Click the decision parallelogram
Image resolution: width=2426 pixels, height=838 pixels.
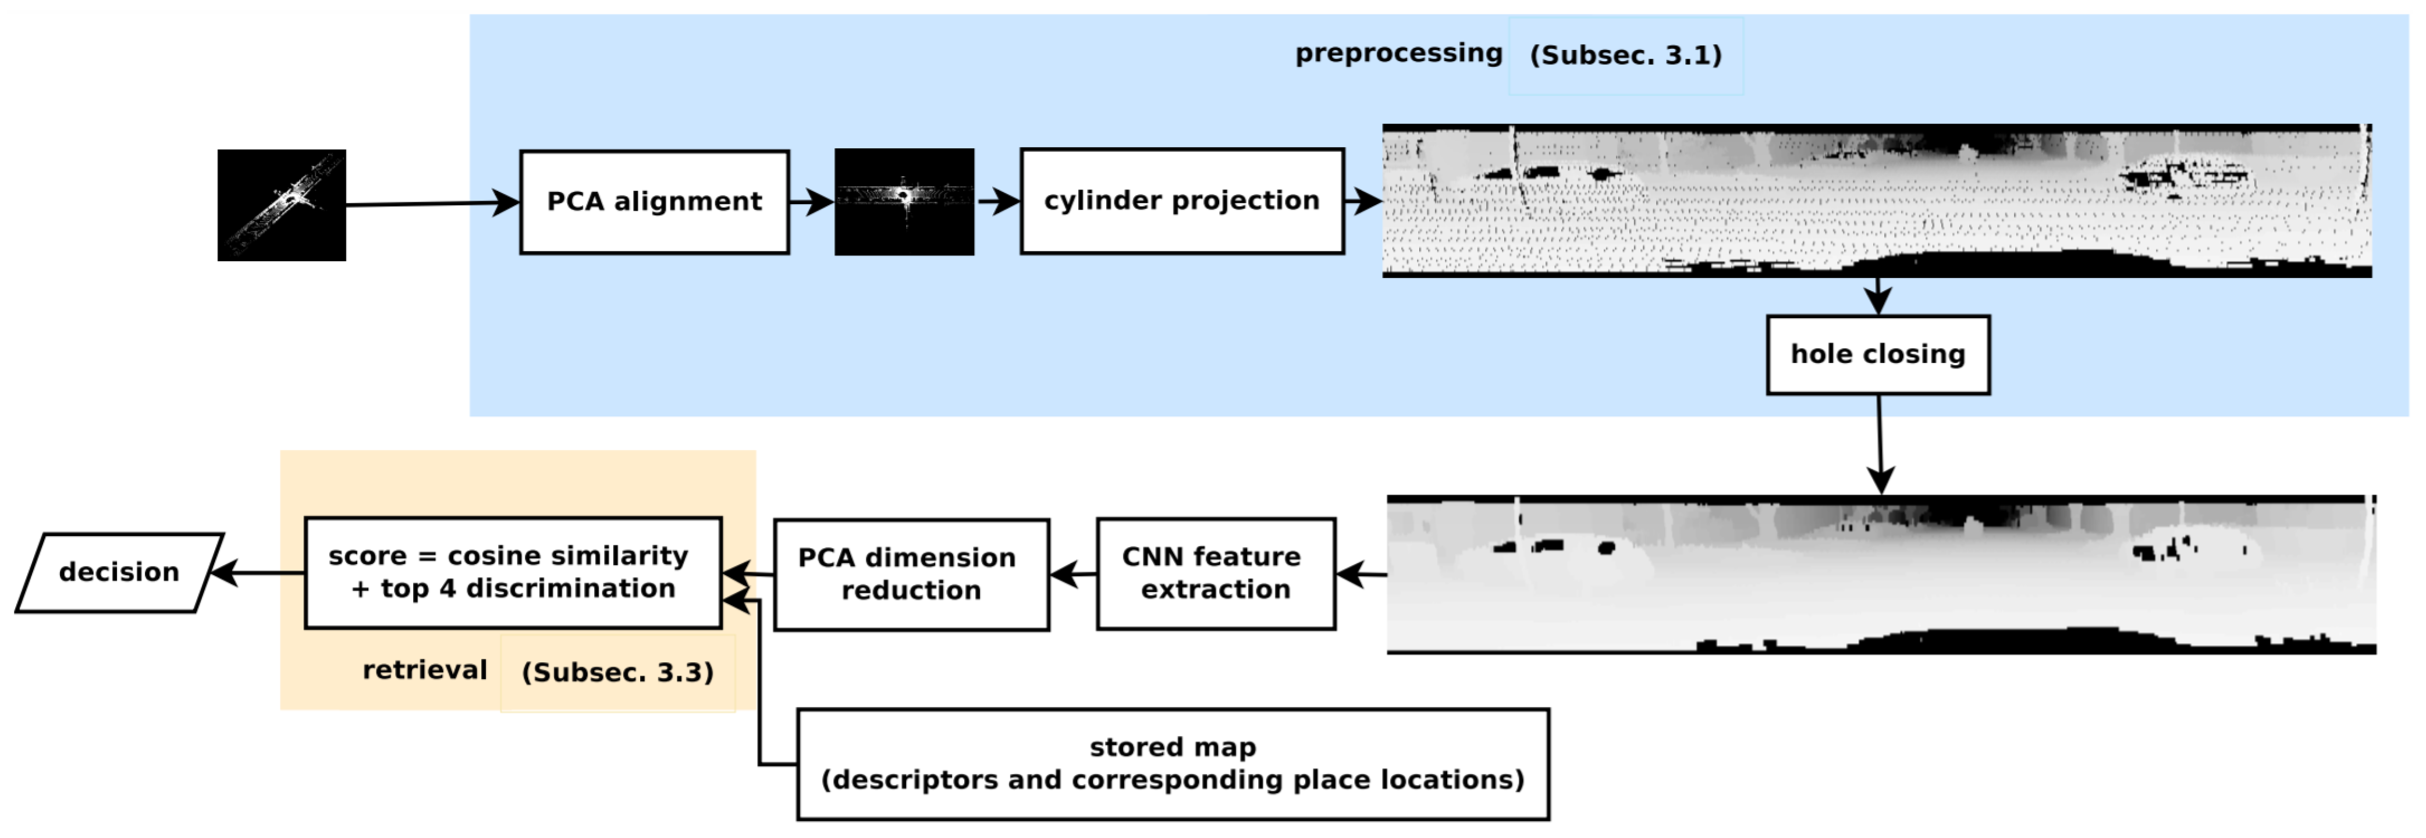point(120,572)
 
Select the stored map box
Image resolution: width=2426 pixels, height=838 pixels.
point(1173,764)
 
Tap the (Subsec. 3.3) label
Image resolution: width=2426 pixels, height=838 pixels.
point(618,672)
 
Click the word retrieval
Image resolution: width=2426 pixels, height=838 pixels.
point(425,669)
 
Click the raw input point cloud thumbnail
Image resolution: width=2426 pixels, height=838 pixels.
point(282,205)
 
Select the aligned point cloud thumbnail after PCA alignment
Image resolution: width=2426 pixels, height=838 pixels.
point(904,201)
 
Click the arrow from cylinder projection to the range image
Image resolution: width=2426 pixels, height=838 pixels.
point(1363,201)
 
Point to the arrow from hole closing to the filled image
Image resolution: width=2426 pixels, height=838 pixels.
point(1880,443)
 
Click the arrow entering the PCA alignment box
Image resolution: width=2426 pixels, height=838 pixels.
point(433,204)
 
